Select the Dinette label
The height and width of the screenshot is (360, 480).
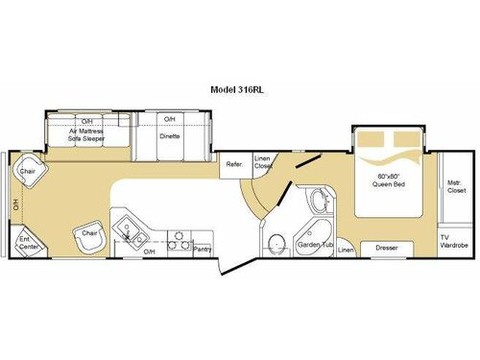pos(170,136)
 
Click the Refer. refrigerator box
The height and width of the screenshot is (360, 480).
pos(234,164)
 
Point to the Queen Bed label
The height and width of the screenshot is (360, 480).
pos(385,180)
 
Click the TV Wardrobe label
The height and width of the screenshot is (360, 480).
pos(453,241)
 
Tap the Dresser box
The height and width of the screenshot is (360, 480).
pos(387,248)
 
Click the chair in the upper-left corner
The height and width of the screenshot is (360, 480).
pos(27,173)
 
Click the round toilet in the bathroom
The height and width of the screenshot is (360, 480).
pos(276,241)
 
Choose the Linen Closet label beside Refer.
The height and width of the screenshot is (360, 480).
pos(263,162)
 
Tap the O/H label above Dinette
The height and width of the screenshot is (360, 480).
pos(170,119)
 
